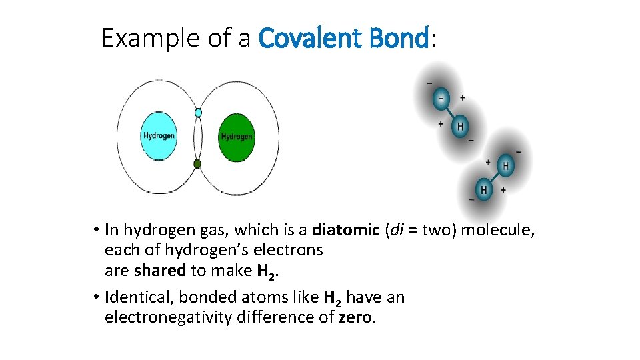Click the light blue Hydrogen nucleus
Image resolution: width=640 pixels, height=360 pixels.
click(159, 136)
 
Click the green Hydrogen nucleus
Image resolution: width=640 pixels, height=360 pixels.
click(237, 137)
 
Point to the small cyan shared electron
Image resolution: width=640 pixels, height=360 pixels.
click(198, 113)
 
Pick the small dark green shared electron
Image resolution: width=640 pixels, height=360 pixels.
click(197, 163)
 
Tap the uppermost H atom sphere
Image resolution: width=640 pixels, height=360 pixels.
click(441, 99)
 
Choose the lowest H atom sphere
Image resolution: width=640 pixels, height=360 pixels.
click(483, 190)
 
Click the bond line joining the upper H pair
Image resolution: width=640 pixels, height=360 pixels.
click(451, 112)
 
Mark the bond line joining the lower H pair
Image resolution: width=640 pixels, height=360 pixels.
click(495, 178)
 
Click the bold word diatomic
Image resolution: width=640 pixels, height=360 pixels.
click(345, 230)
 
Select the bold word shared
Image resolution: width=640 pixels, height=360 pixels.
click(159, 271)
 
